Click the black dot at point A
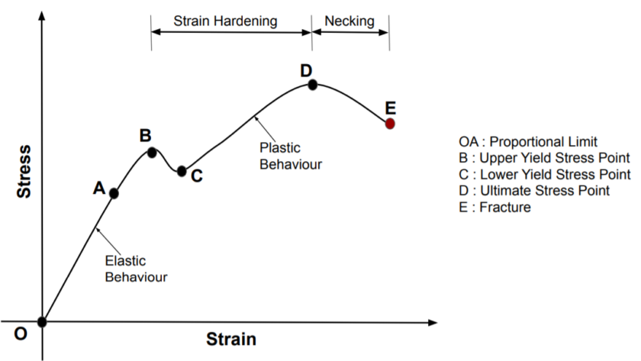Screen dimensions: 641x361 (114, 193)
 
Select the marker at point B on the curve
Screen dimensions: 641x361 (152, 153)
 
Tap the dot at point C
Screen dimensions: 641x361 (182, 171)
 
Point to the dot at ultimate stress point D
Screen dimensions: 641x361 (312, 85)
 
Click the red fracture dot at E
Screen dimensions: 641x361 (390, 124)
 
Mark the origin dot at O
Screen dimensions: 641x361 (42, 322)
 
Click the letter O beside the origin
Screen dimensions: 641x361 (21, 334)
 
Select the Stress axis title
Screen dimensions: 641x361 (24, 172)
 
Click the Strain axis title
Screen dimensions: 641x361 (231, 339)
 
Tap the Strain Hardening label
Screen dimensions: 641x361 (225, 21)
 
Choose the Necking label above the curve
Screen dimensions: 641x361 (349, 21)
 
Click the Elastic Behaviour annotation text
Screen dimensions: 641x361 (136, 269)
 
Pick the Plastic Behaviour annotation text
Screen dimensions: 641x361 (291, 156)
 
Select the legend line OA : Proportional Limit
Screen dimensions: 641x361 (528, 142)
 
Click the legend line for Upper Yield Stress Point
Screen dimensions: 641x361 (544, 158)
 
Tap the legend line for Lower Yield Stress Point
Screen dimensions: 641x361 (545, 174)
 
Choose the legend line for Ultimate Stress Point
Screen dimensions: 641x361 (534, 191)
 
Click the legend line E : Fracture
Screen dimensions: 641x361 (494, 207)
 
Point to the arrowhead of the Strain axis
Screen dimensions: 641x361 (433, 323)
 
